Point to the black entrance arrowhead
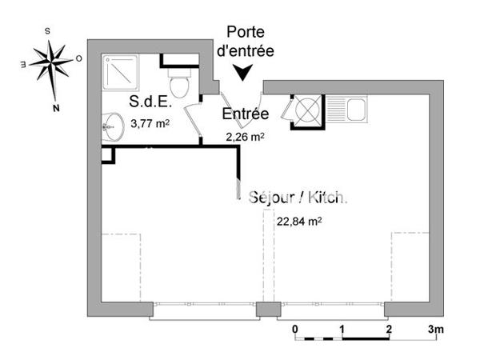click(x=245, y=73)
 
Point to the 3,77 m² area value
click(x=150, y=123)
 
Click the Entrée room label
click(x=245, y=114)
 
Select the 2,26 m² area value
click(x=246, y=136)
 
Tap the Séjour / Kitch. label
click(x=298, y=198)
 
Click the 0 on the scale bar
click(x=295, y=330)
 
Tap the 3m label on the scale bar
click(x=436, y=330)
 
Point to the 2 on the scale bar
click(x=389, y=330)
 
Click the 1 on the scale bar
click(x=342, y=330)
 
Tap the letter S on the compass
click(x=48, y=30)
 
